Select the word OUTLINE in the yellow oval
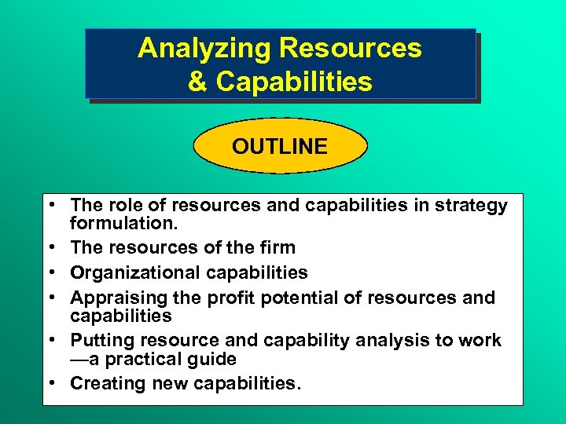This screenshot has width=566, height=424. point(280,147)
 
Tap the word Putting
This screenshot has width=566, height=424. point(101,340)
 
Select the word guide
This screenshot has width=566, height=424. point(212,359)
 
